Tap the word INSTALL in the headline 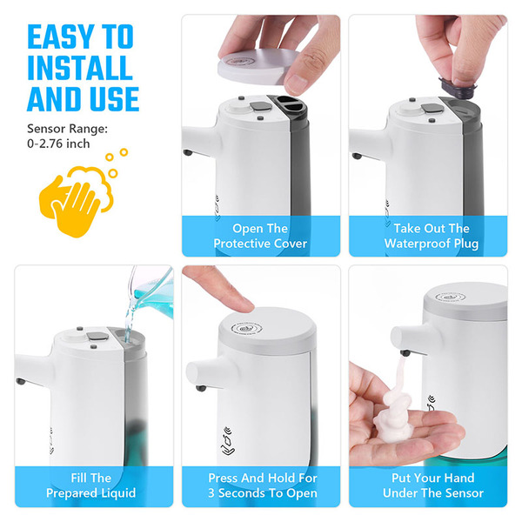point(80,68)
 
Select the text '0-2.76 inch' point(58,144)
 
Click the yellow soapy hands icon point(82,195)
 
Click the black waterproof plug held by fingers point(458,88)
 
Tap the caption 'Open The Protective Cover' point(260,236)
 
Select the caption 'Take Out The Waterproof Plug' point(432,236)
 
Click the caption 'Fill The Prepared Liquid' point(90,485)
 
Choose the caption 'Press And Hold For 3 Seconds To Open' point(263,485)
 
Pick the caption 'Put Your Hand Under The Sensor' point(433,485)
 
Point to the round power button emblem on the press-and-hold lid point(246,329)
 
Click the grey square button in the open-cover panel point(261,106)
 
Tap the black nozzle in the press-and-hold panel point(201,388)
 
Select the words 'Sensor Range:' point(68,129)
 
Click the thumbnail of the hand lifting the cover point(261,136)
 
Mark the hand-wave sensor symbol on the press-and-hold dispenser point(229,441)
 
